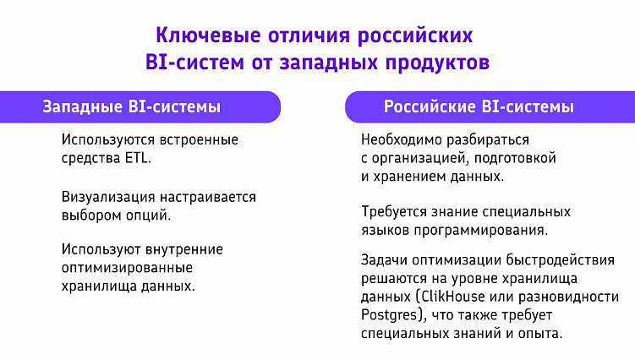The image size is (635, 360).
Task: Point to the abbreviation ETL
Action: [139, 158]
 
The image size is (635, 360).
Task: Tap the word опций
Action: [153, 215]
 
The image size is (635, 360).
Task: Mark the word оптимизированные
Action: [127, 267]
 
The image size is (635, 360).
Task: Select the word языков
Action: [384, 230]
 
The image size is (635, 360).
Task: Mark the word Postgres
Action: [389, 315]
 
